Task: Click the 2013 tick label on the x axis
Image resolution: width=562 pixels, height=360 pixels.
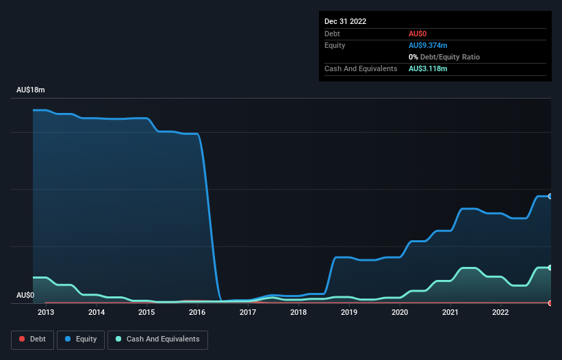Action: (x=46, y=313)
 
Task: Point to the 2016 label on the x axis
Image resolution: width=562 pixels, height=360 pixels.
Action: (x=197, y=313)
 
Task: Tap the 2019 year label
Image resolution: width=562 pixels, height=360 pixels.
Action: (x=349, y=313)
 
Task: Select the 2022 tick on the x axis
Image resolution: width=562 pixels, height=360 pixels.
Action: (x=500, y=313)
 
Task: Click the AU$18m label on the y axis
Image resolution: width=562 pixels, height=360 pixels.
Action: (x=31, y=90)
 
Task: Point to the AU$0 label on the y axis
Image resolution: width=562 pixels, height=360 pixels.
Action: (x=25, y=296)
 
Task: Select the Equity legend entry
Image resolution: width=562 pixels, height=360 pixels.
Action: (x=81, y=339)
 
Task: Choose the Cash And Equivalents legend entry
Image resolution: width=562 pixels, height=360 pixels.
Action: (x=157, y=339)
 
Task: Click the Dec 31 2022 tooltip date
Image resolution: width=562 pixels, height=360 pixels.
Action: (x=346, y=21)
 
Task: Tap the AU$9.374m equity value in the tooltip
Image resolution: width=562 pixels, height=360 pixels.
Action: (x=428, y=45)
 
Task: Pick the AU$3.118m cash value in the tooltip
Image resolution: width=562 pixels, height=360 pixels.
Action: (x=428, y=68)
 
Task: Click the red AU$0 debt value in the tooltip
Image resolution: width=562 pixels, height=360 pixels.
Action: (x=417, y=34)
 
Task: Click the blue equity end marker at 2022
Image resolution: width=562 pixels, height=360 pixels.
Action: (x=550, y=196)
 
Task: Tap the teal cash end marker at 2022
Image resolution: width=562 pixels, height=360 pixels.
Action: (x=550, y=268)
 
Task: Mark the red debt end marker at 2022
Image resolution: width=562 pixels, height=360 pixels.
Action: (x=550, y=303)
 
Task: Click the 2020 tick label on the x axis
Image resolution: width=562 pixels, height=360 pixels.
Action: (x=399, y=313)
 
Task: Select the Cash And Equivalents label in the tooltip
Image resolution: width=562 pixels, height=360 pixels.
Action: (x=361, y=68)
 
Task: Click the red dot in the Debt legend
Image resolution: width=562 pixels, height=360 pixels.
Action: (x=22, y=339)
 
